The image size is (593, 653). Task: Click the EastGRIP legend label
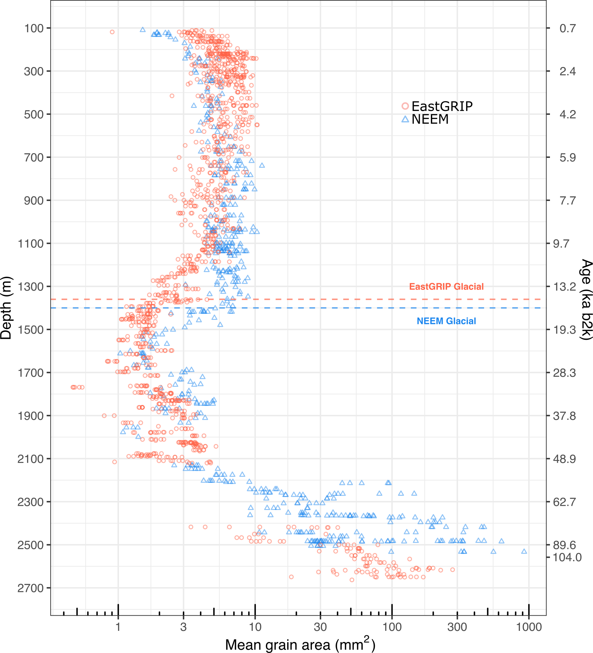[442, 106]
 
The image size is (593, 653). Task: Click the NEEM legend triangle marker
[405, 119]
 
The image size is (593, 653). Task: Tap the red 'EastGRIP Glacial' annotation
[446, 287]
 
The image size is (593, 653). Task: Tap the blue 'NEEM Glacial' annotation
[446, 321]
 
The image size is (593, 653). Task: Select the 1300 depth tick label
[30, 287]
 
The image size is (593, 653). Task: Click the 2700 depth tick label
[30, 588]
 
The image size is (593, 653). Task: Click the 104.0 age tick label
[567, 557]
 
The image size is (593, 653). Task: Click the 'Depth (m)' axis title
[6, 308]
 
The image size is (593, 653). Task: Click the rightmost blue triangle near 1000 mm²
[524, 551]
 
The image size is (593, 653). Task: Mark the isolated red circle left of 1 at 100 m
[112, 32]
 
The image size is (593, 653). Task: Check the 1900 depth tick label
[30, 416]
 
